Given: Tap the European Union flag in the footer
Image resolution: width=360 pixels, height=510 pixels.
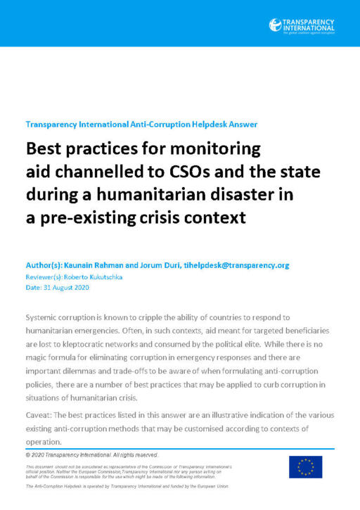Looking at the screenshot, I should (305, 466).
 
